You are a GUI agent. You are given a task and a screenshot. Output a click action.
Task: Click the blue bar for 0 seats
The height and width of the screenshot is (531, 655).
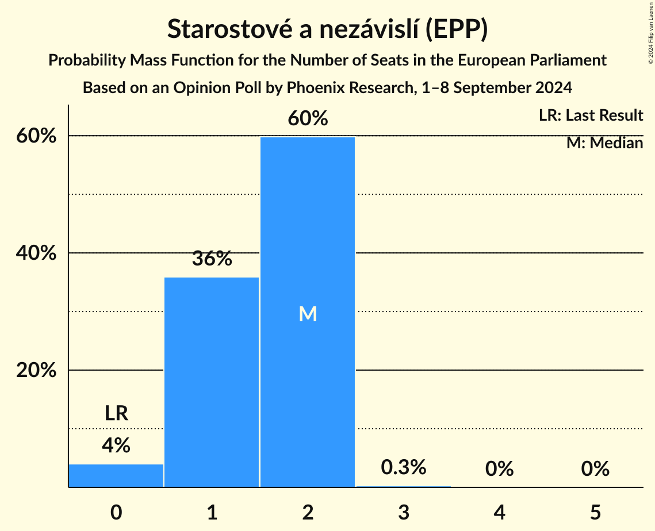(116, 476)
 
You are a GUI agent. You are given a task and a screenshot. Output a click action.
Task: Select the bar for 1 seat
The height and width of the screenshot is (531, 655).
(212, 382)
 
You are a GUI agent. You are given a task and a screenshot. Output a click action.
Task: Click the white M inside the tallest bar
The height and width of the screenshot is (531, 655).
(308, 314)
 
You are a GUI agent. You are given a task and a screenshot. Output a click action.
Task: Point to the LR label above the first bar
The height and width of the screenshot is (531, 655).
(116, 413)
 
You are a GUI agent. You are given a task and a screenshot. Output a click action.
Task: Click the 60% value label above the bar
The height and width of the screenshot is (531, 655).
(308, 118)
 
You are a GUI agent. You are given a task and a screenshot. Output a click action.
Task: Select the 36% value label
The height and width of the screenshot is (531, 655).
(212, 259)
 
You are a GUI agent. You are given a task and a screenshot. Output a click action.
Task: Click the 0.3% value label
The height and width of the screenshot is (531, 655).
(404, 467)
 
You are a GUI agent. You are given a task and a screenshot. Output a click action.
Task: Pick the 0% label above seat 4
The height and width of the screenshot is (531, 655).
(499, 469)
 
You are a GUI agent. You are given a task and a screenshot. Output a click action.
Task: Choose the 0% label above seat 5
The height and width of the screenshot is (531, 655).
(595, 469)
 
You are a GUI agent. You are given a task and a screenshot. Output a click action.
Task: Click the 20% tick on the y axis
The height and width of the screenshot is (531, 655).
(36, 371)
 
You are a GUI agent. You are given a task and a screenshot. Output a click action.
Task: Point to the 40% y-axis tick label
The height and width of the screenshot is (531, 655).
(36, 253)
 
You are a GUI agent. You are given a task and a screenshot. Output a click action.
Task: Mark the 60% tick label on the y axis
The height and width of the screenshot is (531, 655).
(36, 136)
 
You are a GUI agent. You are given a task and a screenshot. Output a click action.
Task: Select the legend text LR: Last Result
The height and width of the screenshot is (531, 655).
(591, 116)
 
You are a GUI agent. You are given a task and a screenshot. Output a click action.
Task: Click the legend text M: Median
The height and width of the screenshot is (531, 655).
(604, 143)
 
